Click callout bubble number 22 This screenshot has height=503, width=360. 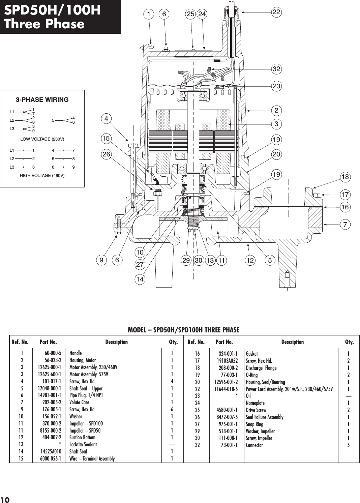click(x=276, y=12)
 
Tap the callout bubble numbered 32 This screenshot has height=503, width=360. click(x=276, y=69)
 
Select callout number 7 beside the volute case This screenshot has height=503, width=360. click(x=345, y=224)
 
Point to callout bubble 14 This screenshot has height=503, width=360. click(x=140, y=279)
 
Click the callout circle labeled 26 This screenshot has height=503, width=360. click(x=107, y=154)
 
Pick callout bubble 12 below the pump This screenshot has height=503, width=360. click(x=250, y=260)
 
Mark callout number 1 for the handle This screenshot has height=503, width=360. click(x=148, y=14)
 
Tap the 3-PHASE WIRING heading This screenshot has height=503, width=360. click(x=42, y=100)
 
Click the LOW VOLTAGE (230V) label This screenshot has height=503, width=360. click(x=42, y=139)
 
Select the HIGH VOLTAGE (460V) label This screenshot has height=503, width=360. click(x=42, y=176)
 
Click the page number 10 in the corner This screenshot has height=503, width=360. click(x=5, y=499)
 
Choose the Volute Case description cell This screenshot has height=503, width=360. click(x=79, y=402)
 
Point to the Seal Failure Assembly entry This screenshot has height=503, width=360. click(x=265, y=417)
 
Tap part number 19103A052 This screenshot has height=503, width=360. click(x=227, y=361)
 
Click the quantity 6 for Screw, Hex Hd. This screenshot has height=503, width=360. click(x=172, y=409)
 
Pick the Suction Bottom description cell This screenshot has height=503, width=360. click(x=82, y=437)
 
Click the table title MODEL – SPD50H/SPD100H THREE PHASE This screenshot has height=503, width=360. click(x=183, y=330)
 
